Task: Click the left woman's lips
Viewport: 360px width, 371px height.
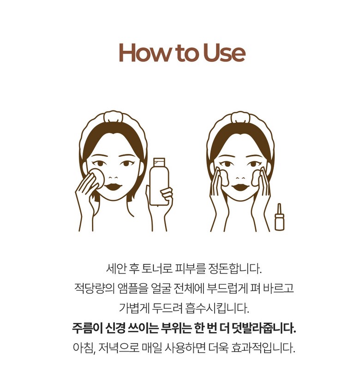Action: (x=114, y=186)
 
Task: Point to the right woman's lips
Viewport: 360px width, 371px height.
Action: (x=240, y=187)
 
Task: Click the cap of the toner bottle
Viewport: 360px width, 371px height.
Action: (x=159, y=162)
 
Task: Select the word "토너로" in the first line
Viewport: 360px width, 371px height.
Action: (x=156, y=268)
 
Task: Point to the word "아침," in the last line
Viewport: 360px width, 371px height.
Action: (x=84, y=348)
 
